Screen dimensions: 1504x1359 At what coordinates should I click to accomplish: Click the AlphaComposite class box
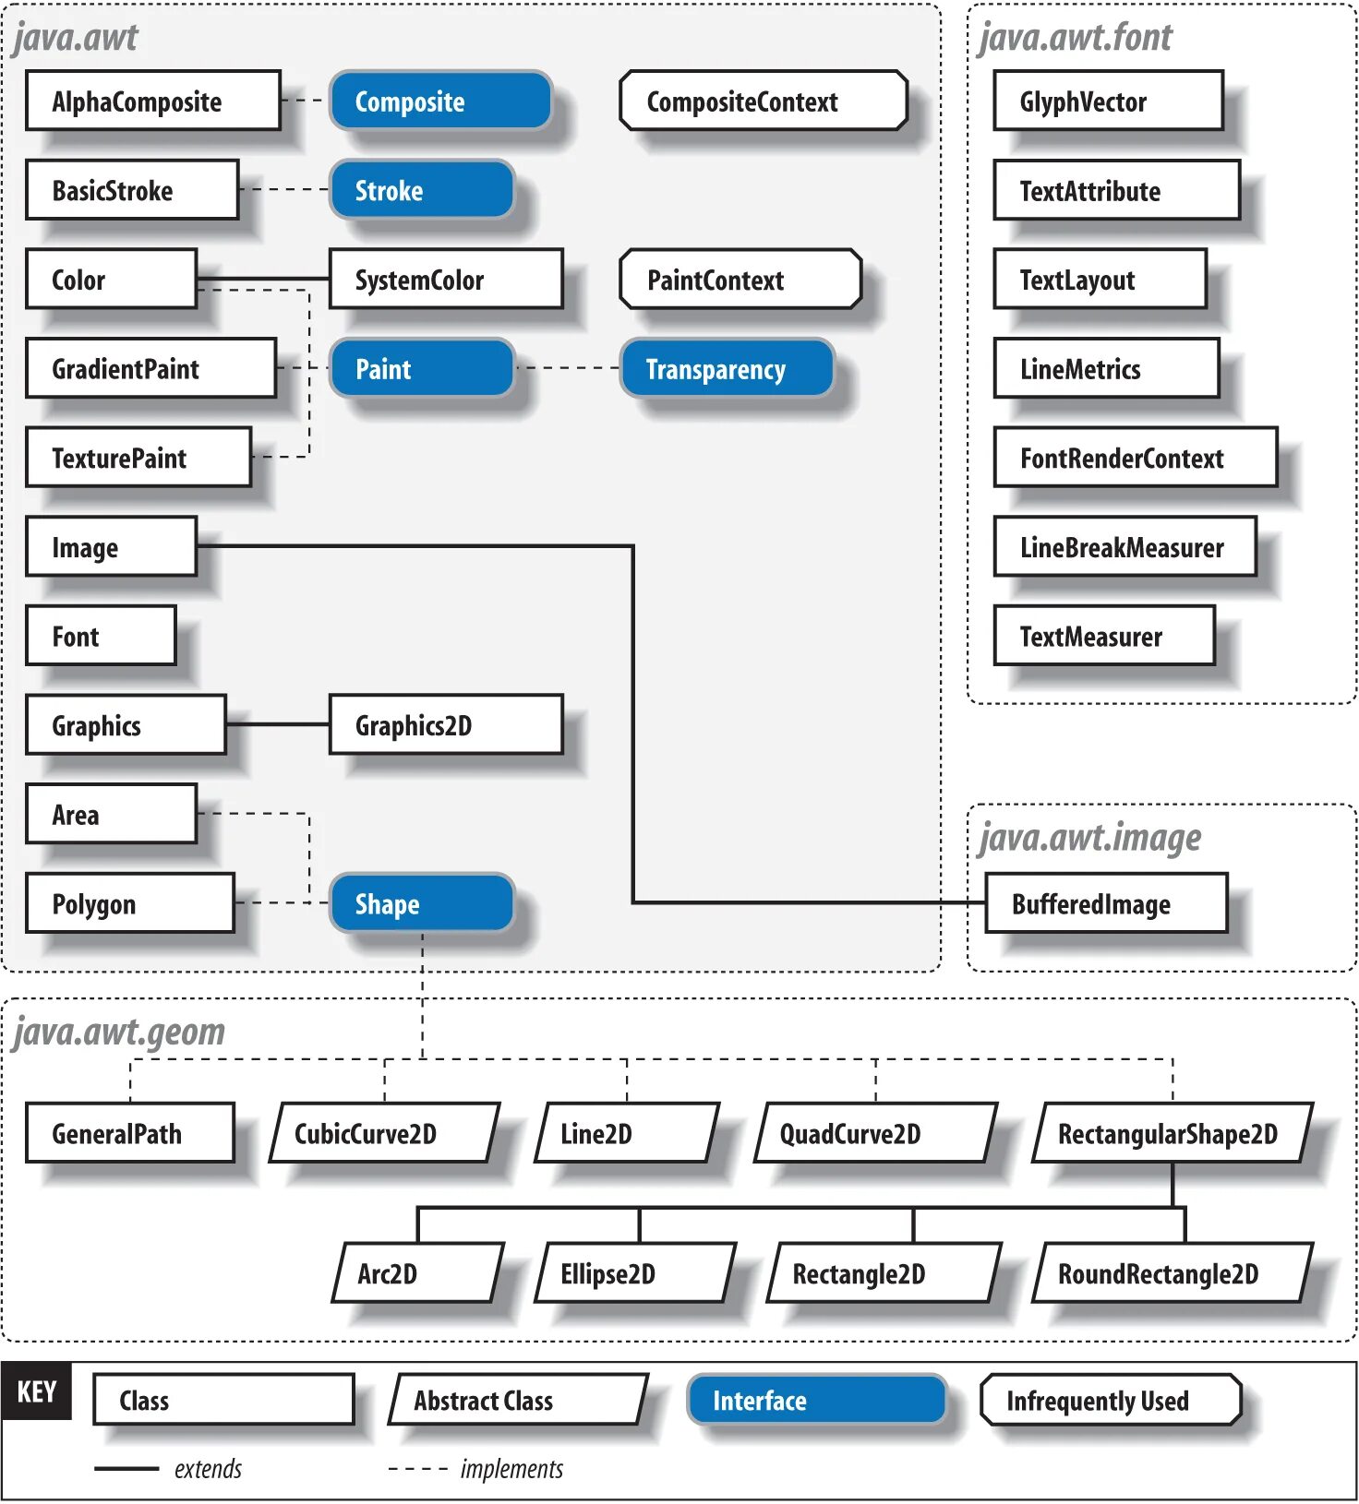153,101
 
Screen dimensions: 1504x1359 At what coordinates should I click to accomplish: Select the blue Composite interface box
440,101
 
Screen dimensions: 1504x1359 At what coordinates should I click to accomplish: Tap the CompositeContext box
763,101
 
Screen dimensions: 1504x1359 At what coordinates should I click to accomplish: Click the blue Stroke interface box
421,190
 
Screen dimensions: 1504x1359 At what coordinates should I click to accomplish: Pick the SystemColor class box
446,279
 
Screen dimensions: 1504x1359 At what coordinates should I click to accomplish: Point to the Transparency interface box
727,368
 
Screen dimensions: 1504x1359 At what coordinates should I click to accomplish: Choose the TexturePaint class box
138,457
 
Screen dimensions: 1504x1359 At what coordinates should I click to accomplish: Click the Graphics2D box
446,724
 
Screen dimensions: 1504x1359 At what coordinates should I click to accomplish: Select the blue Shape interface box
421,903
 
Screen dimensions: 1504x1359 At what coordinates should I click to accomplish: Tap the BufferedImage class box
1106,903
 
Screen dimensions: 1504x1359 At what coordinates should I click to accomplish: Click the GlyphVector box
1108,101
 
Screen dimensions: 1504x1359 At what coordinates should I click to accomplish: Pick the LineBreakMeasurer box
1124,546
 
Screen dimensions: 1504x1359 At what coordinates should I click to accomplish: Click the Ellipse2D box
634,1273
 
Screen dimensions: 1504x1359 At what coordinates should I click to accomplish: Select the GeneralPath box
129,1132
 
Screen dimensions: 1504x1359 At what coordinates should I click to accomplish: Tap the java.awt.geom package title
119,1031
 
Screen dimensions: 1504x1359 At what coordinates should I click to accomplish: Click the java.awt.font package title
1075,37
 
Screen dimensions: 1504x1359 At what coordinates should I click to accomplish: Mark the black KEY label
37,1391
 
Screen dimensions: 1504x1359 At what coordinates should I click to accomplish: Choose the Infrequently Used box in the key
1111,1400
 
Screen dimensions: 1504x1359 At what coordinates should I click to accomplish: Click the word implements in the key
511,1468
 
